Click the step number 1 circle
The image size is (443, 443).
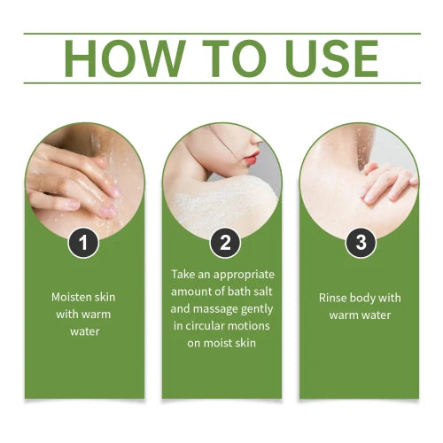(x=83, y=242)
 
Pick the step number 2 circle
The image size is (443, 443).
(x=221, y=242)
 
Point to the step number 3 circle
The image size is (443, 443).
(x=360, y=242)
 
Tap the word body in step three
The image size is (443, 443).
(x=368, y=297)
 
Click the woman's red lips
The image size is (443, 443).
(x=252, y=159)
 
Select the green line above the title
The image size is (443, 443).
(x=221, y=34)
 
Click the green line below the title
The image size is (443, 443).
(x=221, y=83)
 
